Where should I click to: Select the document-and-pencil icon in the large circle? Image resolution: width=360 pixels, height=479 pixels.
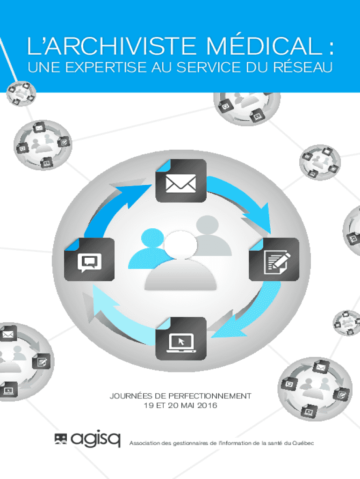(274, 260)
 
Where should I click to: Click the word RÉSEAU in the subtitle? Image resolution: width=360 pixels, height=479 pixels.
(302, 67)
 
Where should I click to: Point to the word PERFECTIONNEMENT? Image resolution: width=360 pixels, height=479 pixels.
(210, 396)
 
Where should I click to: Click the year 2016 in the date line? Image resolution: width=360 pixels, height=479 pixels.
(207, 406)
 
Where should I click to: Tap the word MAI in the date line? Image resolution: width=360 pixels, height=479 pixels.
(188, 406)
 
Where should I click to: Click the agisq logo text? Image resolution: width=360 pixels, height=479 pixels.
(95, 440)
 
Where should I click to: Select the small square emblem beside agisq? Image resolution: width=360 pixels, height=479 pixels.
(60, 439)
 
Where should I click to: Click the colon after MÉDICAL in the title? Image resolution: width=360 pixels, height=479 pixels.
(331, 48)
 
